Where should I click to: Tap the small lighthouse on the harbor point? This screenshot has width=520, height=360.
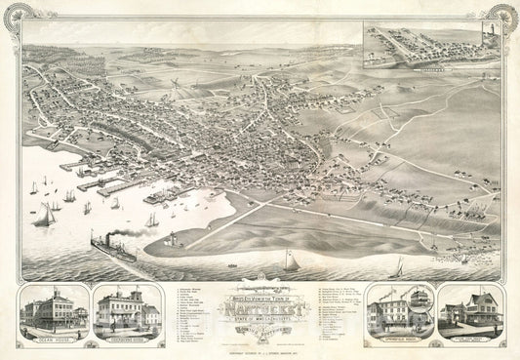click(174, 238)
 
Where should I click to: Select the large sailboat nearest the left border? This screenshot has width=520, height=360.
click(45, 217)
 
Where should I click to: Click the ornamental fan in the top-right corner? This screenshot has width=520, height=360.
click(504, 15)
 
